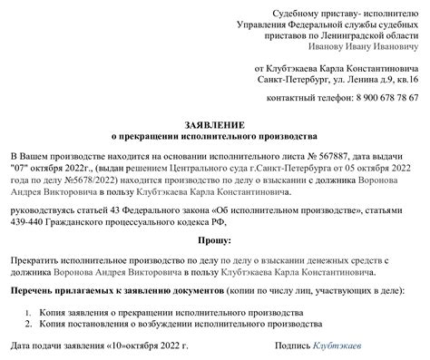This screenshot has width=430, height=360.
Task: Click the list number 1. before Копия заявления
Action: tap(31, 312)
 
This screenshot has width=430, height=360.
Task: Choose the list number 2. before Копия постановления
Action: tap(31, 325)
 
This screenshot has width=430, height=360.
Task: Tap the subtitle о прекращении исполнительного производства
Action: tap(214, 132)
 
